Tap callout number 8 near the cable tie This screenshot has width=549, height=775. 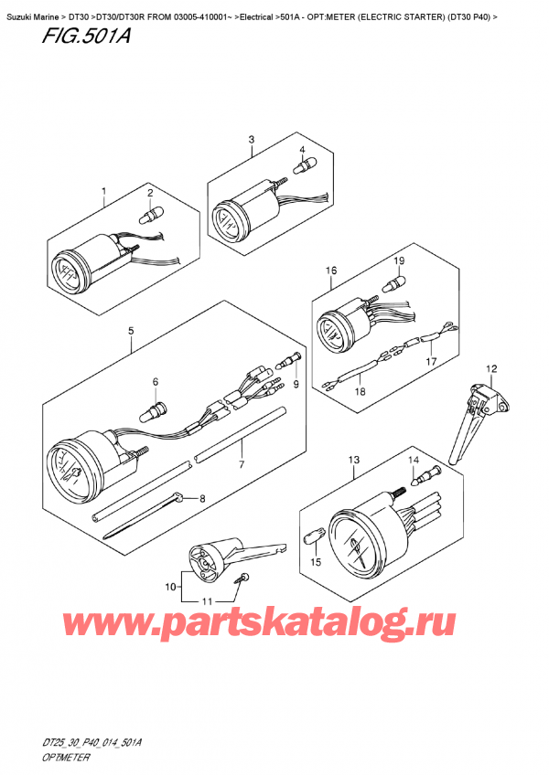click(203, 499)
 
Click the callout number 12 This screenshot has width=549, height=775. click(491, 368)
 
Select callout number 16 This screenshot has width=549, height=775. click(331, 271)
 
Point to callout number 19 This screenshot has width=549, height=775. click(399, 262)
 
